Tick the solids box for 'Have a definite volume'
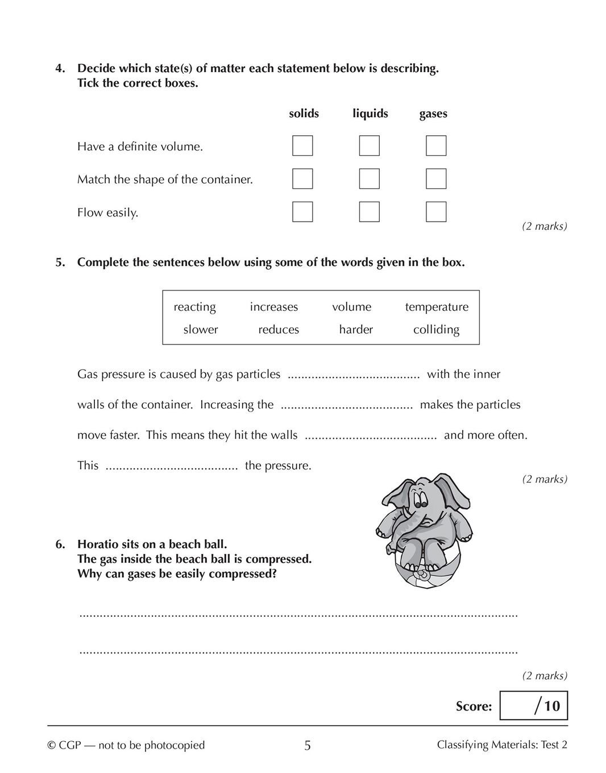tap(302, 146)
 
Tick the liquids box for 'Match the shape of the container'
tap(369, 178)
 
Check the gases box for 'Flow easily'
tap(436, 211)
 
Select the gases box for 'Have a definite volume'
tap(436, 146)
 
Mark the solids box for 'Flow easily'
tap(302, 211)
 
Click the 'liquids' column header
tap(370, 114)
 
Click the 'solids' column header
tap(304, 114)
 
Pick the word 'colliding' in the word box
tap(436, 330)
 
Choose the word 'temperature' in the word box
tap(437, 307)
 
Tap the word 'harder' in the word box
tap(356, 330)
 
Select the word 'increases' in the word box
tap(274, 307)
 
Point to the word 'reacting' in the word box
tap(194, 307)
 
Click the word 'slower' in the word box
tap(201, 330)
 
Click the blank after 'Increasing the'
tap(347, 406)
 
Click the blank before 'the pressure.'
tap(172, 467)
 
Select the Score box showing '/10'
tap(533, 705)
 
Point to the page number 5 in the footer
tap(308, 745)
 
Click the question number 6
tap(60, 544)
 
